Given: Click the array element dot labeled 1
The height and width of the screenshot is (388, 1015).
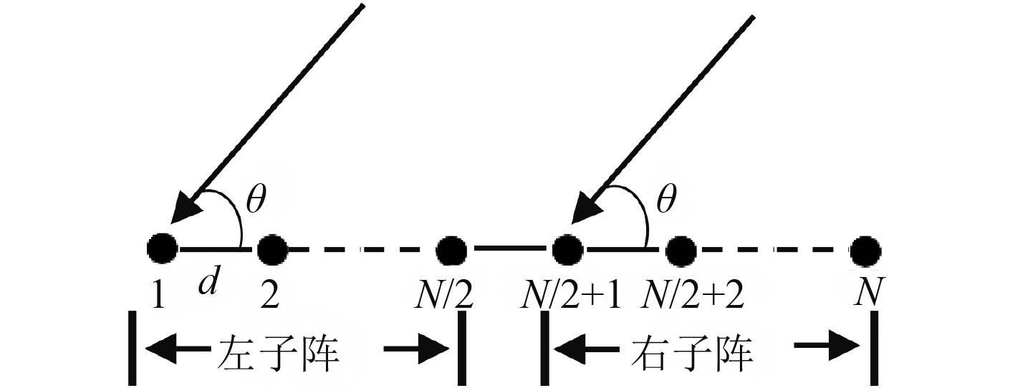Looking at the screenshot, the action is pos(163,249).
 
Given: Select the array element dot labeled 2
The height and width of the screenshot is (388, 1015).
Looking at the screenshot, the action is pos(271,250).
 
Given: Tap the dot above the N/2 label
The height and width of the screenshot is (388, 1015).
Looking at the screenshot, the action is pos(451,250).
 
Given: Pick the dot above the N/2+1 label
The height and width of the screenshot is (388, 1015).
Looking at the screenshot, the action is pos(567,250).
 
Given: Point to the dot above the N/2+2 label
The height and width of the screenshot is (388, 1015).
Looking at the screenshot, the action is pos(680,250).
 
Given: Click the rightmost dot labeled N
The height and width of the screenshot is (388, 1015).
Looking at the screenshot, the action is pos(865,250).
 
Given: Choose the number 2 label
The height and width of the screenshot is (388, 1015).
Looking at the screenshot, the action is pos(270,294).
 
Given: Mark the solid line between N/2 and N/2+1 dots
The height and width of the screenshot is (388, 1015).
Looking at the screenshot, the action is pos(509,249).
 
